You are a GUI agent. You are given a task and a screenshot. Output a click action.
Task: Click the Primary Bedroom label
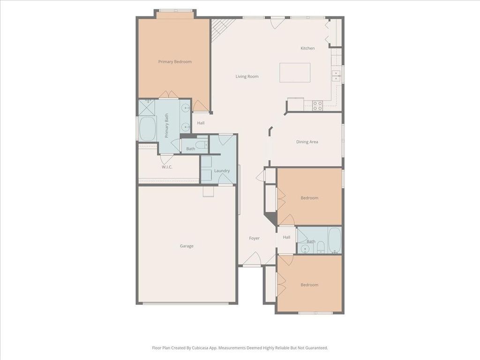(x=175, y=61)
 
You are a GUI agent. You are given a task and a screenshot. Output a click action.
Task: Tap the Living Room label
(x=247, y=76)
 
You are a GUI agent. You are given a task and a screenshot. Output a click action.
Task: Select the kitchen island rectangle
(x=295, y=73)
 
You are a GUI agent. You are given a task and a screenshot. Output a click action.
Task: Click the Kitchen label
(x=307, y=48)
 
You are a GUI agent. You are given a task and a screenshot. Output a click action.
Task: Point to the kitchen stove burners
(x=317, y=106)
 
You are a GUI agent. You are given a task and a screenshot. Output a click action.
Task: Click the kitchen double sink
(x=336, y=75)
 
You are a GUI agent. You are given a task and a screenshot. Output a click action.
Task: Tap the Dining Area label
(x=307, y=142)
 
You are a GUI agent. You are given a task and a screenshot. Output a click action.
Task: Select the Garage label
(x=187, y=246)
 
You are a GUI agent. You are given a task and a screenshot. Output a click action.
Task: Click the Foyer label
(x=254, y=238)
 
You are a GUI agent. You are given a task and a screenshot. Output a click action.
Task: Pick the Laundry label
(x=222, y=171)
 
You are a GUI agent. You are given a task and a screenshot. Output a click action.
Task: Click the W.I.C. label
(x=167, y=167)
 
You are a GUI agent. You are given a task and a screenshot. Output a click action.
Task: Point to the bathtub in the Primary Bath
(x=147, y=128)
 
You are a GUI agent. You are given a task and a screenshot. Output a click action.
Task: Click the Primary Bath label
(x=166, y=126)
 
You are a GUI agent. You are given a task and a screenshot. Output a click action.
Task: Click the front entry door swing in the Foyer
(x=252, y=259)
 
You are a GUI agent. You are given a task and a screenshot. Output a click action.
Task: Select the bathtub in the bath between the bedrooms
(x=334, y=240)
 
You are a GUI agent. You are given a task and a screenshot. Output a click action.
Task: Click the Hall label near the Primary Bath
(x=201, y=123)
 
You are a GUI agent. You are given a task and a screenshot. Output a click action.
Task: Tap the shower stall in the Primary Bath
(x=147, y=107)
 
